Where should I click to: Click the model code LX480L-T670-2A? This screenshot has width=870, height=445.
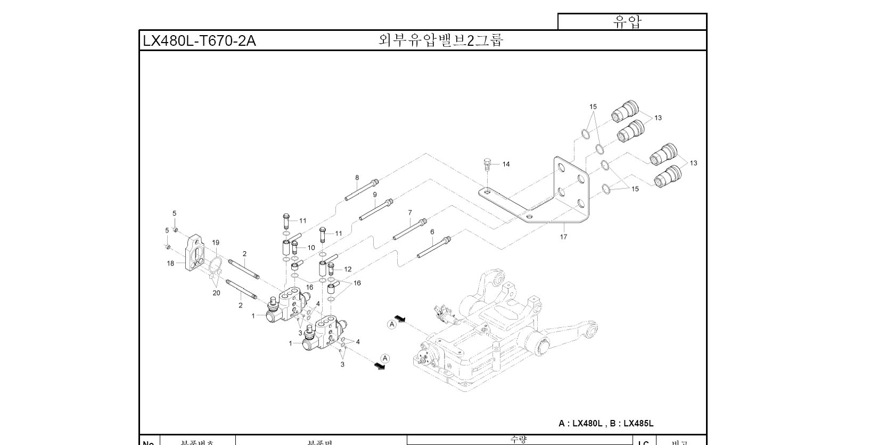(x=199, y=41)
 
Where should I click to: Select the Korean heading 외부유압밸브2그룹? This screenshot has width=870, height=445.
(x=440, y=40)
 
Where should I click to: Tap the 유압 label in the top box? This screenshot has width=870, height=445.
(x=628, y=22)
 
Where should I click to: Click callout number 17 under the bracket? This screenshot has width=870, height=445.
(x=563, y=237)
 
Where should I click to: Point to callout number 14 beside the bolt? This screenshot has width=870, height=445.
(x=506, y=164)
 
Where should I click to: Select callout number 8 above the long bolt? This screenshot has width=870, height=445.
(x=357, y=178)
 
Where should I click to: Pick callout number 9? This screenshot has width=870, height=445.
(x=375, y=195)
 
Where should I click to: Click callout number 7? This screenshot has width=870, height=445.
(x=410, y=212)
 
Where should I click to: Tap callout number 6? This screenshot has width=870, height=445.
(x=432, y=232)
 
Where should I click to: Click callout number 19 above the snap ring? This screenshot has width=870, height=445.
(x=216, y=243)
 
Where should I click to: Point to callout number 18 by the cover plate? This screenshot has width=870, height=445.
(x=170, y=263)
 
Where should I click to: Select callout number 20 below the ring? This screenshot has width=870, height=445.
(x=216, y=293)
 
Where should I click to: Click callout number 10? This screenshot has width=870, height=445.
(x=311, y=248)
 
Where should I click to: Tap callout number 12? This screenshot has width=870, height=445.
(x=348, y=269)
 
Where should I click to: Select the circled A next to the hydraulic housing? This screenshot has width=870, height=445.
(x=392, y=324)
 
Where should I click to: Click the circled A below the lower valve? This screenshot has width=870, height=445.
(x=385, y=358)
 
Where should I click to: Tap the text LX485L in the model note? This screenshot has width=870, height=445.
(x=638, y=423)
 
